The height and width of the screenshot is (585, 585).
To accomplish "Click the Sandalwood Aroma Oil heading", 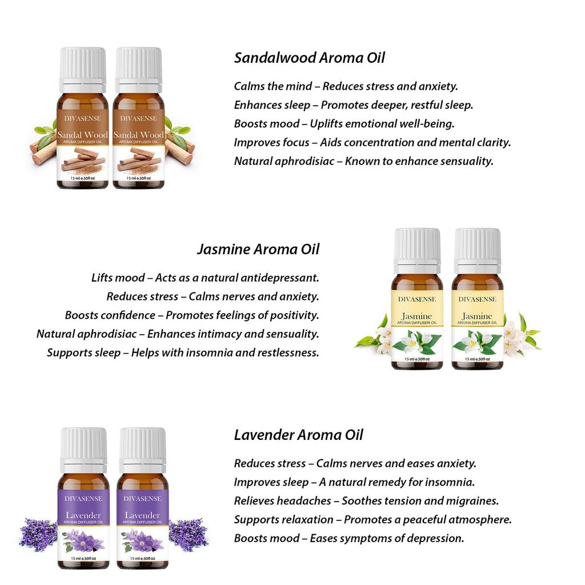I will [x=309, y=58].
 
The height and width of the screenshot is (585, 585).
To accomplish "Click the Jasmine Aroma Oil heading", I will [x=258, y=249].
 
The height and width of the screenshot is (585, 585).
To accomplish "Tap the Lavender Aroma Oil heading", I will [x=298, y=435].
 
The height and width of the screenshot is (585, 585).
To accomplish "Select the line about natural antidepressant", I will [x=205, y=278].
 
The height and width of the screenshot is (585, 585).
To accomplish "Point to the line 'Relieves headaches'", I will [x=366, y=501].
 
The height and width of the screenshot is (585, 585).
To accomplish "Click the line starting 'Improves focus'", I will [x=372, y=142].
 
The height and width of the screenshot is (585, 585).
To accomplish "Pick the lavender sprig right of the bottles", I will [x=188, y=534].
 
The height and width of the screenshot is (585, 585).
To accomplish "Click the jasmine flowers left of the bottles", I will [x=374, y=337].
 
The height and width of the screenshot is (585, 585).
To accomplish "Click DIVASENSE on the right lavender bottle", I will [x=142, y=499].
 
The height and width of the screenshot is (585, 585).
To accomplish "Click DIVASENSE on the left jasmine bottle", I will [x=417, y=299].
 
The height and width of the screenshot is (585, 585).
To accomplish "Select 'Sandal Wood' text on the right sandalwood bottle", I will [x=138, y=135].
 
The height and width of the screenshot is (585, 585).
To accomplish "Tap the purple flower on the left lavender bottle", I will [x=84, y=539].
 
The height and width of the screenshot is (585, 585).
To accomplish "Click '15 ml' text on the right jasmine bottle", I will [x=470, y=359].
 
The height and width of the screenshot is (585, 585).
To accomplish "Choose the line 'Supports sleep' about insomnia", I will [x=183, y=352].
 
